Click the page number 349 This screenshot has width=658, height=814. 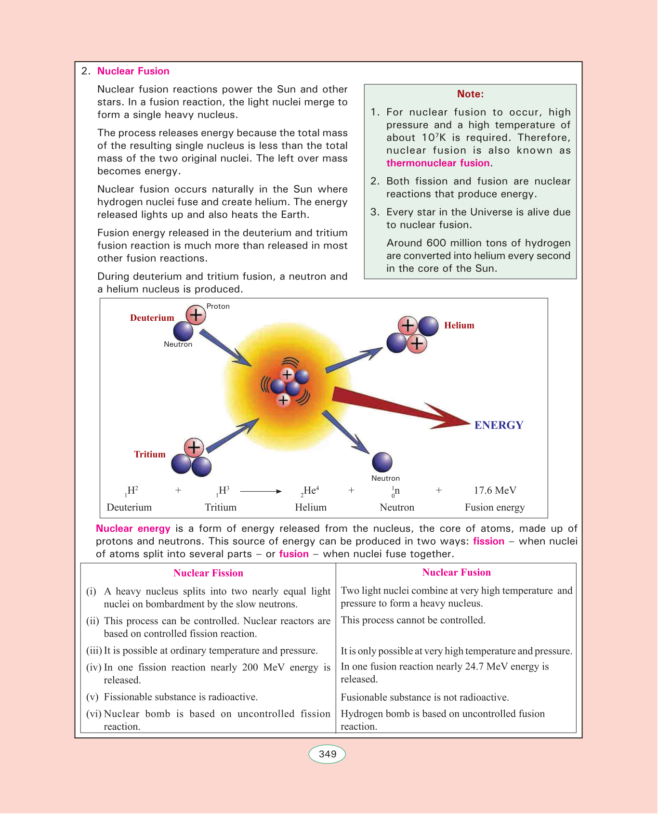point(327,754)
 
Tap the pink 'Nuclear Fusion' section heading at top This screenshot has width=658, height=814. point(133,71)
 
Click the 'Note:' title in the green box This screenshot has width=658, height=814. point(470,94)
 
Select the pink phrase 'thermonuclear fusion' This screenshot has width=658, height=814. point(438,163)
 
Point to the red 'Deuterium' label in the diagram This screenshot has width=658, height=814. point(152,318)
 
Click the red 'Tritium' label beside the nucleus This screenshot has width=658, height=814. point(150,454)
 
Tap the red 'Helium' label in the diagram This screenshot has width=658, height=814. point(459,326)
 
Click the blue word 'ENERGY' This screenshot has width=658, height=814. point(499,425)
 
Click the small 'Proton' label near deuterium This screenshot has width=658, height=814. point(218,306)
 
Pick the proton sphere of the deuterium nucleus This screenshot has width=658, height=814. point(196,315)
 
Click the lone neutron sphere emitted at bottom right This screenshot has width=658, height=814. point(382,462)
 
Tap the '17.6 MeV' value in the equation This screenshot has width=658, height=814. point(495,490)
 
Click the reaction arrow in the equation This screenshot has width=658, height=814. point(261,491)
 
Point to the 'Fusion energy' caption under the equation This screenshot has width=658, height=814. point(495,507)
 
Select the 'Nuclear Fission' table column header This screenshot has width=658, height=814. point(208,573)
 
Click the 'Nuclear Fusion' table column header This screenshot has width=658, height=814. point(456,573)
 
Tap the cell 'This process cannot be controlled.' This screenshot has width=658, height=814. point(413,620)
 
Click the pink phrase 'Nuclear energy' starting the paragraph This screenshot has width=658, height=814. point(133,529)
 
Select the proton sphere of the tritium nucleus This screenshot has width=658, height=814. point(194,447)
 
